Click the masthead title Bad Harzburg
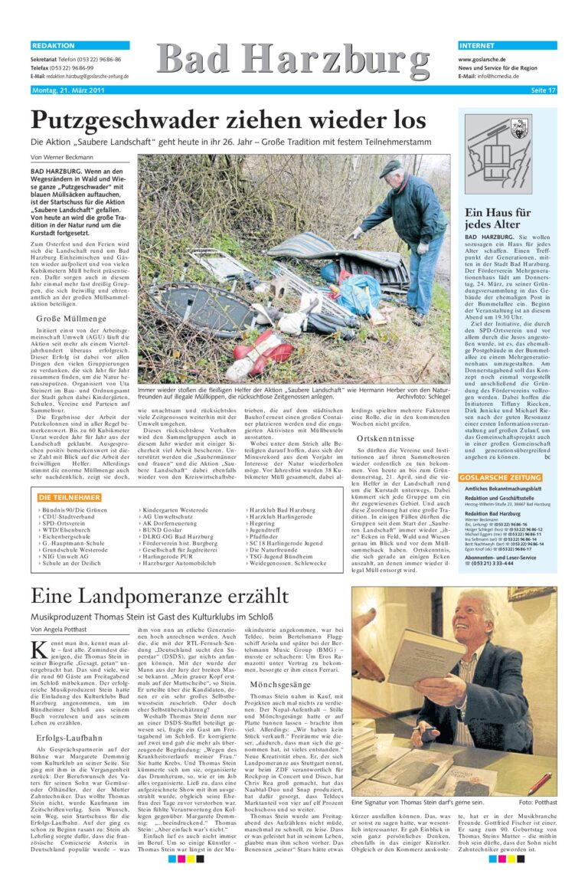pyautogui.click(x=293, y=62)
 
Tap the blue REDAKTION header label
pyautogui.click(x=54, y=46)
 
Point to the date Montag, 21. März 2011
pyautogui.click(x=67, y=90)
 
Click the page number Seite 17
pyautogui.click(x=543, y=90)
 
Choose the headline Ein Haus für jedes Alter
pyautogui.click(x=498, y=219)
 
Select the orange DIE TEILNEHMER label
pyautogui.click(x=69, y=498)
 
